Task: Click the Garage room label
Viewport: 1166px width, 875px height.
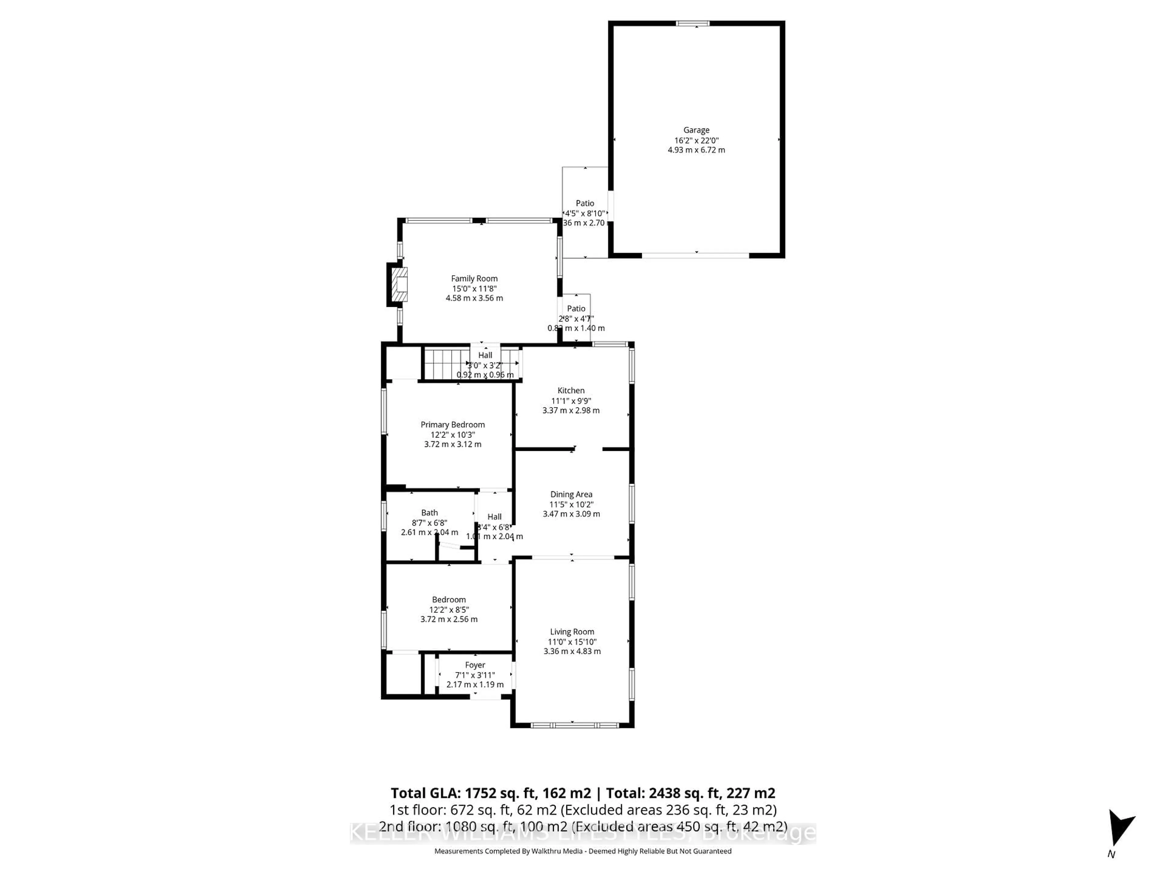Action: click(696, 130)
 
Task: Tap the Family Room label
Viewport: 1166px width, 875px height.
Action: click(474, 279)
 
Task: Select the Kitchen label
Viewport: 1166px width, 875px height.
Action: click(571, 390)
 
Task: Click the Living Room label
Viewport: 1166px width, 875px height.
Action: click(572, 631)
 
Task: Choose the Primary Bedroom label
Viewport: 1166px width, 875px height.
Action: click(452, 424)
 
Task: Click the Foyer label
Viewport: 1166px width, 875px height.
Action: click(475, 665)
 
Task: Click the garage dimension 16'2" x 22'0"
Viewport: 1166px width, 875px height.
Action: click(696, 140)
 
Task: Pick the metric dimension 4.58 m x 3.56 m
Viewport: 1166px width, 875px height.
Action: click(474, 298)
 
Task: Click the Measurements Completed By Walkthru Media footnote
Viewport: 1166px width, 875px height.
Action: click(582, 851)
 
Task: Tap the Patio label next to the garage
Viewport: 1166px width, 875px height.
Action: click(585, 203)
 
